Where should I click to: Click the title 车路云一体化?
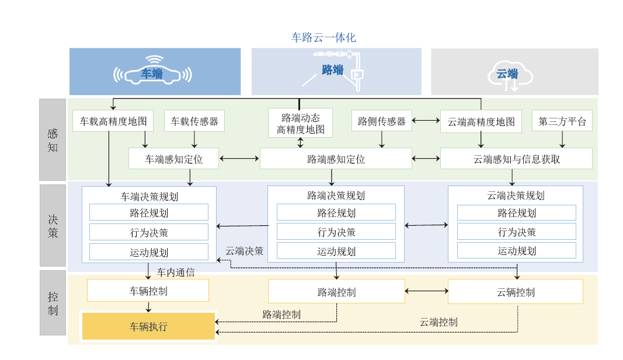323,37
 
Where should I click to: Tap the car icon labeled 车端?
153,73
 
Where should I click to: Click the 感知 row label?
53,140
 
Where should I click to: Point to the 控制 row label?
53,303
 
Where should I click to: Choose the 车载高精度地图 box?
113,121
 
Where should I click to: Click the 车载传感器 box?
194,121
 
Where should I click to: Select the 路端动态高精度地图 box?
300,123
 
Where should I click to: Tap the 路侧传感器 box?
382,121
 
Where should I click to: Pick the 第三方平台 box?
562,121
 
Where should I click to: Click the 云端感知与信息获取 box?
516,159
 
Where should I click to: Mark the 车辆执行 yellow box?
148,326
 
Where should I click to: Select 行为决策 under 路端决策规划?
336,232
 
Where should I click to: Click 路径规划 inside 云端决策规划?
516,212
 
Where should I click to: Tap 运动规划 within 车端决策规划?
149,252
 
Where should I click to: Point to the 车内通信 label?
176,272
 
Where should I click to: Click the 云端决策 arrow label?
245,251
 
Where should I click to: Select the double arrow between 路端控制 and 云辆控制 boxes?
426,291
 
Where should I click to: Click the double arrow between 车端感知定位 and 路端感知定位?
239,158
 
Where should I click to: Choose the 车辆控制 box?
148,291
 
